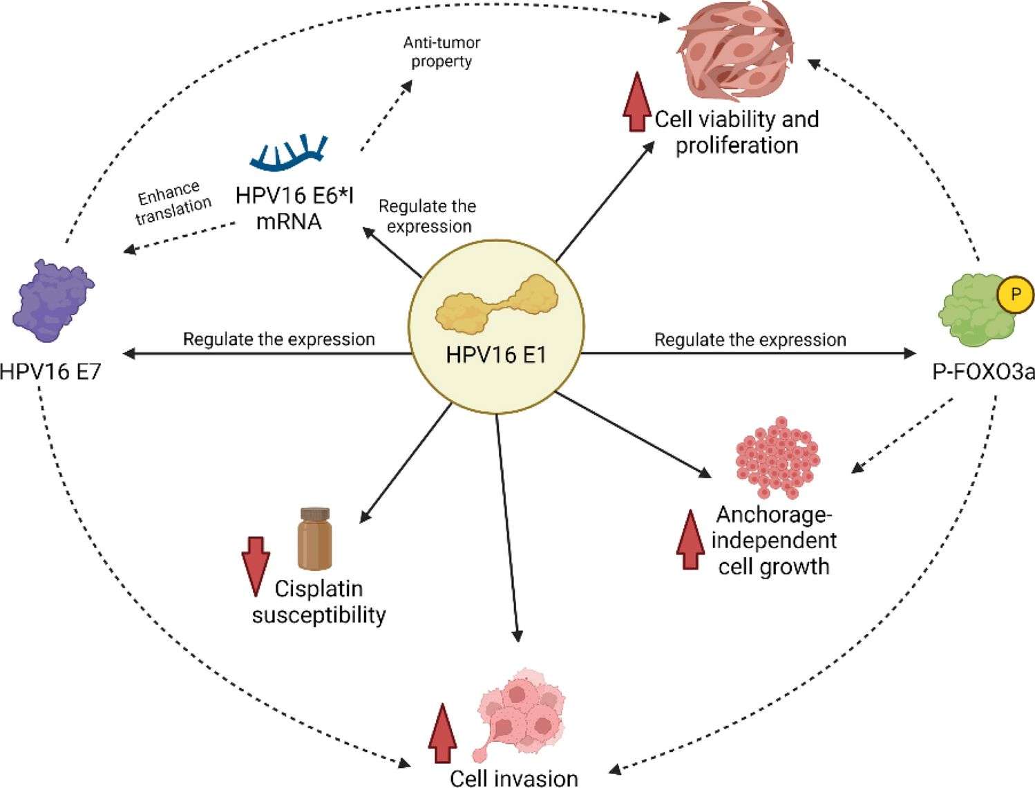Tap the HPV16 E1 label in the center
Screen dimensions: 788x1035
coord(495,355)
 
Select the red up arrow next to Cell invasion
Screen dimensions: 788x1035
coord(442,733)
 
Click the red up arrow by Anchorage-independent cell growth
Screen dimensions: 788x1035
coord(690,539)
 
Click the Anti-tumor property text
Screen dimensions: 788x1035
coord(441,52)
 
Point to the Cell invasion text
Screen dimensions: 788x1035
coord(513,778)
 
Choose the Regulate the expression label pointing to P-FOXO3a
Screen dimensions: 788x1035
coord(750,339)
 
